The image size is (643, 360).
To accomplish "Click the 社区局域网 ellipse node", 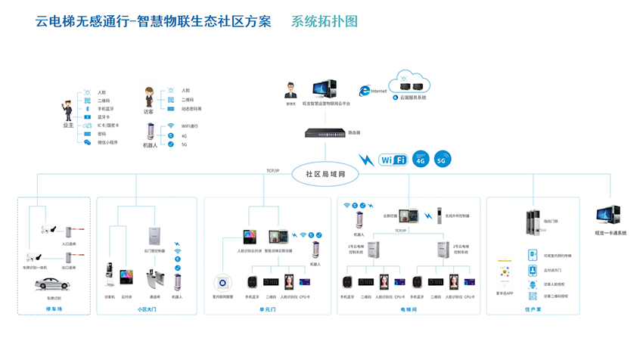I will click(x=325, y=173).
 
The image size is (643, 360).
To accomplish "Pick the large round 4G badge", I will click(x=421, y=160).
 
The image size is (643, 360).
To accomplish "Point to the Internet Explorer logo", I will click(x=365, y=90).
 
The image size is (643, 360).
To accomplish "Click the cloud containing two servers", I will click(x=408, y=81).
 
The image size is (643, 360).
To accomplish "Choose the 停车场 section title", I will click(x=53, y=309).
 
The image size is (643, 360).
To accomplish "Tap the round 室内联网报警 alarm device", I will click(x=224, y=281).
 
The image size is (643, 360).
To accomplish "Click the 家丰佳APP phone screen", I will click(x=505, y=275).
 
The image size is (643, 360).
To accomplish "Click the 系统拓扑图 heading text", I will click(x=324, y=22).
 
